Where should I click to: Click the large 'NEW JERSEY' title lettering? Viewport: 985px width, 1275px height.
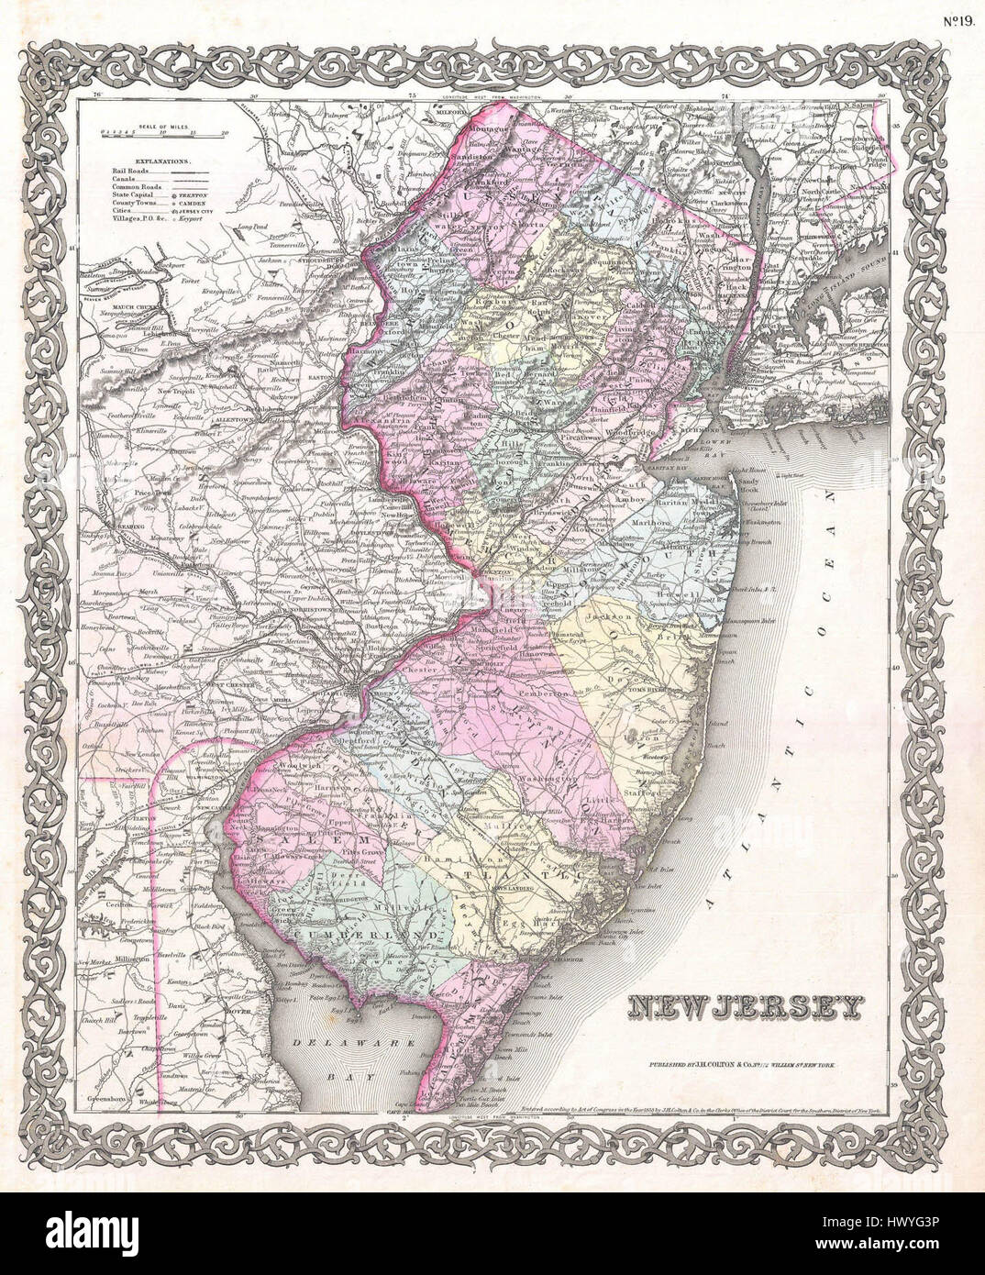click(x=746, y=1007)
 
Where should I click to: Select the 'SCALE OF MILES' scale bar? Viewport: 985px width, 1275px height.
click(x=166, y=133)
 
